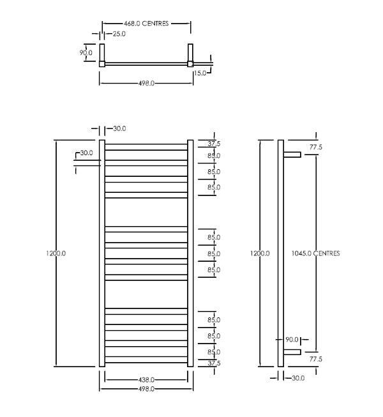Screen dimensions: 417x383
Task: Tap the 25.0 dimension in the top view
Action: [x=118, y=34]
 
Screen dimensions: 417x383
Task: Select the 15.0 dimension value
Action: [x=201, y=73]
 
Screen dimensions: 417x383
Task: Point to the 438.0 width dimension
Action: [x=146, y=380]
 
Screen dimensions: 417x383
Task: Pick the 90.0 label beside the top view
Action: [x=86, y=52]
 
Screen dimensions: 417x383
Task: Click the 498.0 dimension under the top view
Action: [x=146, y=83]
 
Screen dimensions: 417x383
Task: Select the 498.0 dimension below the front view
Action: [x=146, y=388]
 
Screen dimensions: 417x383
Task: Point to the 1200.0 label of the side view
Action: [x=260, y=254]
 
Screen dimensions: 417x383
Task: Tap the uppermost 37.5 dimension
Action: [x=213, y=144]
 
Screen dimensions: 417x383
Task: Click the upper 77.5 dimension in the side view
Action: [x=315, y=147]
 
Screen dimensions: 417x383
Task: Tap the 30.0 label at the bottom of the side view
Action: [x=297, y=378]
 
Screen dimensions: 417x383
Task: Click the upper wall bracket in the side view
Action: [x=292, y=155]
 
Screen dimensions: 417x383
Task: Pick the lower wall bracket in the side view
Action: [x=292, y=352]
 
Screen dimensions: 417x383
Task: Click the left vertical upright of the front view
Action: [x=101, y=254]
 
